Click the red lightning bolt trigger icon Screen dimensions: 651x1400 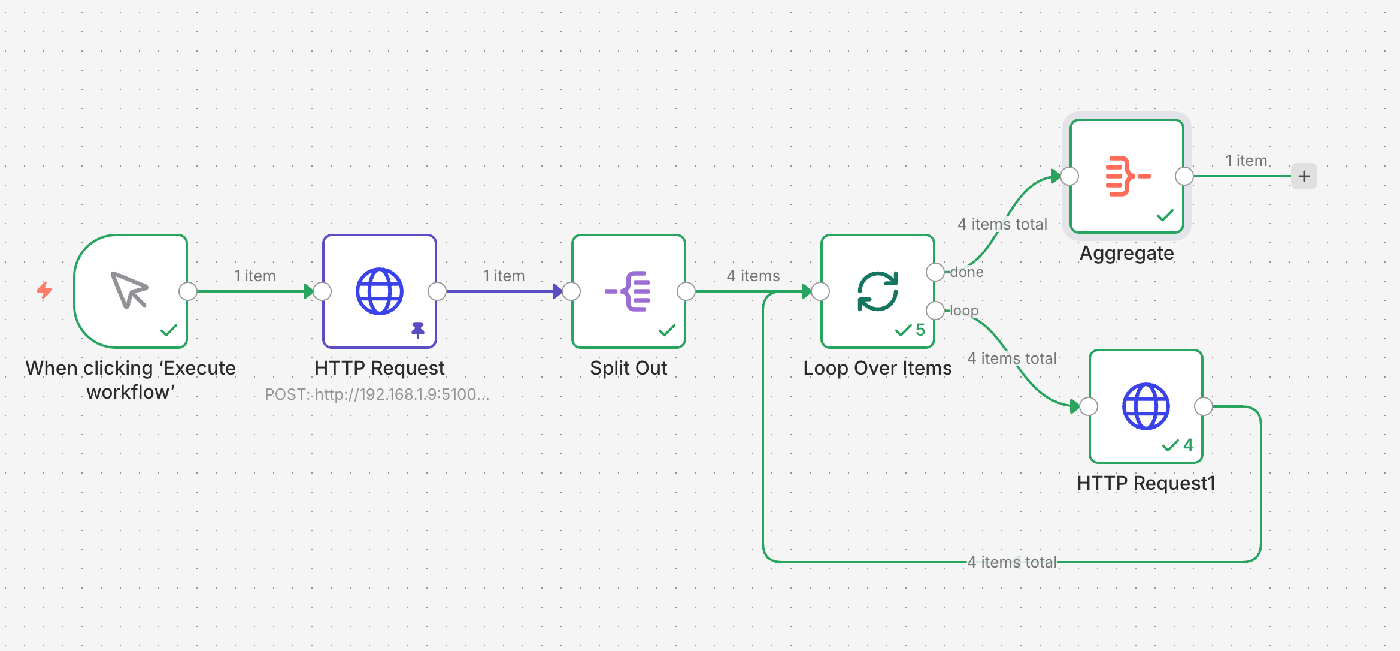(44, 290)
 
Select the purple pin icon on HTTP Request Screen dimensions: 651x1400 (418, 330)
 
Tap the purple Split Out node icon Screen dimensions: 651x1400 (628, 291)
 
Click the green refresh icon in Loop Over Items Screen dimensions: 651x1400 (877, 291)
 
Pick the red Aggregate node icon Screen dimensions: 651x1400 (1127, 176)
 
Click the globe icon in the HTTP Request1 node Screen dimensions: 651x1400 (1146, 406)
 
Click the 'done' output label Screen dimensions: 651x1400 (966, 272)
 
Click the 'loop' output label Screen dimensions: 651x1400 (964, 311)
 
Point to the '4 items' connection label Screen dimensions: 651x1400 (753, 276)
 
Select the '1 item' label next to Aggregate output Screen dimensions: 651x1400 (1246, 161)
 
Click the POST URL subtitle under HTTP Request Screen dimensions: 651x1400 (377, 394)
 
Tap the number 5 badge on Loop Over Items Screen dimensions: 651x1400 (920, 330)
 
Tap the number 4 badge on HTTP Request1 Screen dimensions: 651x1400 (1188, 445)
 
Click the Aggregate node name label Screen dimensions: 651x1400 (1126, 254)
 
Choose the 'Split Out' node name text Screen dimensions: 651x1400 (628, 368)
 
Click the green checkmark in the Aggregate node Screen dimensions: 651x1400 (1165, 215)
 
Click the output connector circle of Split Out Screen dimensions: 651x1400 (686, 291)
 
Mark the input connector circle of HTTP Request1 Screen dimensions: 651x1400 (1089, 406)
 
